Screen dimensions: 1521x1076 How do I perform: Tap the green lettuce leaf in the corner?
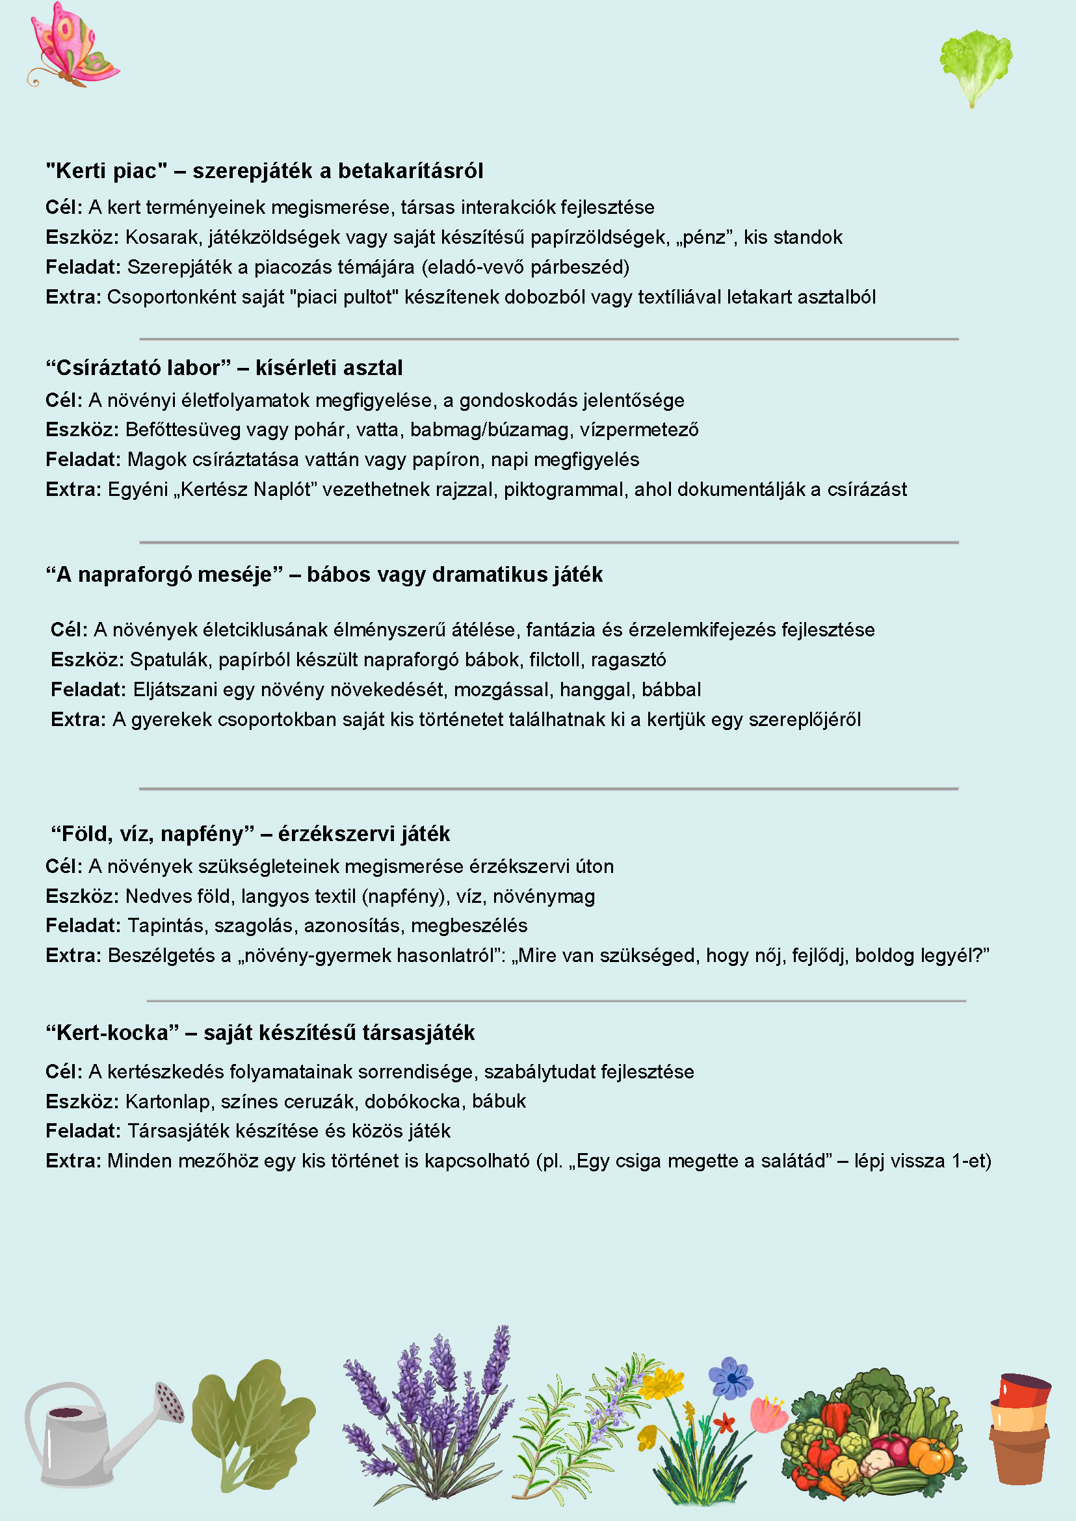pos(975,63)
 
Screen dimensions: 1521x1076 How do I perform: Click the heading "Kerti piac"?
pos(107,171)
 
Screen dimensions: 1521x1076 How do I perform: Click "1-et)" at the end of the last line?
pos(971,1161)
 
